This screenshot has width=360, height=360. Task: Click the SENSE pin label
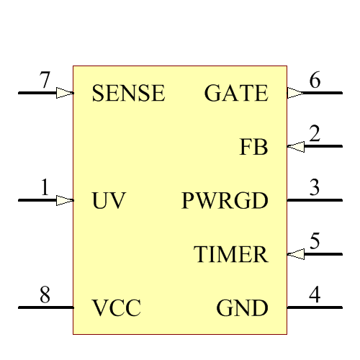(x=129, y=94)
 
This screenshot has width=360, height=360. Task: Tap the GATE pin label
(x=236, y=94)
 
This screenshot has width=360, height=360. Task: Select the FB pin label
(x=253, y=148)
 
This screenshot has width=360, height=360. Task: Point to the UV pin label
(x=109, y=201)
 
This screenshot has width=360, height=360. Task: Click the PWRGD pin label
(x=225, y=201)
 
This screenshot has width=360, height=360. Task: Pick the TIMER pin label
(x=231, y=255)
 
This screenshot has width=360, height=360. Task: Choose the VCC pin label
(x=116, y=309)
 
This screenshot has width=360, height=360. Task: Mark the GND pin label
(x=242, y=309)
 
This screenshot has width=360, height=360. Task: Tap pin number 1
(x=45, y=189)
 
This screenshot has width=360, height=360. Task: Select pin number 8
(x=45, y=295)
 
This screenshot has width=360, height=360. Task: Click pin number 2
(x=315, y=135)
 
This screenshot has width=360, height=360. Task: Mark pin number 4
(x=315, y=295)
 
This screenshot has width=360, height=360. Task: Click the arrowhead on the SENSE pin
(x=65, y=93)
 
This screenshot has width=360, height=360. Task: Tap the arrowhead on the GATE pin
(x=295, y=93)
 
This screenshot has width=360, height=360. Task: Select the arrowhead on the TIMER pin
(x=295, y=253)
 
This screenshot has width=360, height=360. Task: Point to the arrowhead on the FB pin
(x=295, y=147)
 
